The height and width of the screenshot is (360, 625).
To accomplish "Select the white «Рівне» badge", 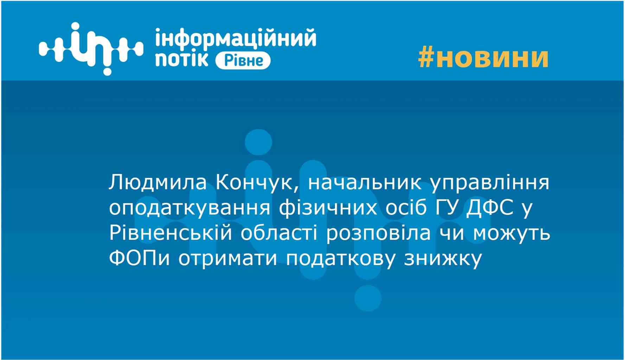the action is (x=243, y=60).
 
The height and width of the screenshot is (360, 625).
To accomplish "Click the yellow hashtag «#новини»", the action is (x=483, y=58).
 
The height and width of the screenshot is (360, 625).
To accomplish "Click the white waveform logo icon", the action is (x=91, y=49).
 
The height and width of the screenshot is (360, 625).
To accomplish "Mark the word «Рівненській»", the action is (x=171, y=233).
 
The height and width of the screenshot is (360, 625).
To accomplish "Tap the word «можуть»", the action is (x=512, y=233).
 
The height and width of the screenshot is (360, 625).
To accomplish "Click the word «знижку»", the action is (x=442, y=259).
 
